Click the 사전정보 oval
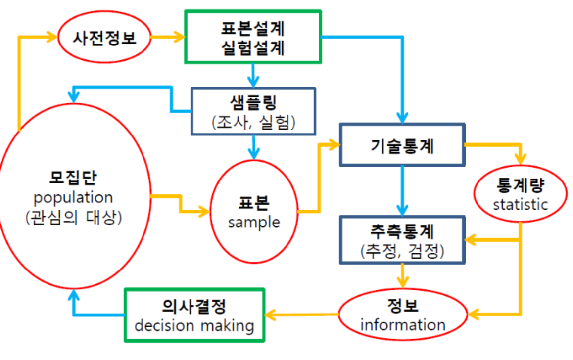click(x=104, y=37)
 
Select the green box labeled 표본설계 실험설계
click(x=252, y=37)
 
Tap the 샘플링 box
click(x=253, y=111)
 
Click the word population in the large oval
click(x=73, y=198)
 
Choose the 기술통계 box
click(x=402, y=145)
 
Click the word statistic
click(x=521, y=204)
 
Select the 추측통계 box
click(x=402, y=240)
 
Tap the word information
click(x=403, y=325)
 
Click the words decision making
click(x=194, y=326)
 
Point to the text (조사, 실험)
click(x=253, y=122)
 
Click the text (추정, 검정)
click(x=402, y=251)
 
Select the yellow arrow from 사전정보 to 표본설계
click(x=167, y=37)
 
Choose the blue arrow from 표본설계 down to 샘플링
click(x=253, y=75)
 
